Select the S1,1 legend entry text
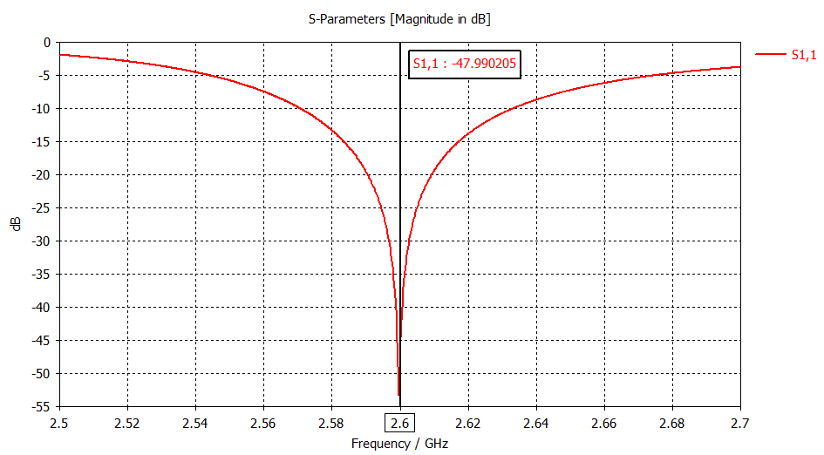[x=803, y=55]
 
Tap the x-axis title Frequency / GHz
[x=400, y=444]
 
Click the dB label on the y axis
[x=17, y=224]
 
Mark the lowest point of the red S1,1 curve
[x=398, y=395]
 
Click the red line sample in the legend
[x=771, y=55]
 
